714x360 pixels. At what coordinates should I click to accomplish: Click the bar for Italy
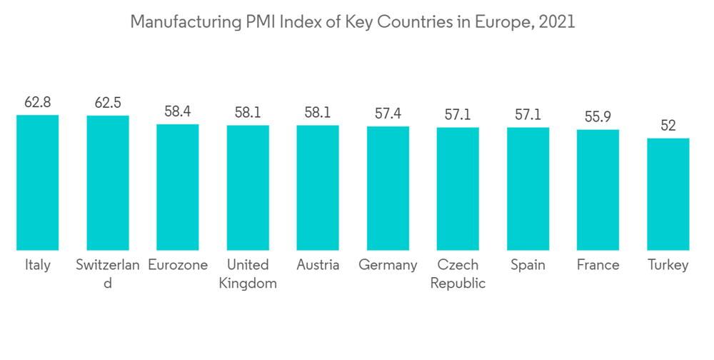click(x=38, y=182)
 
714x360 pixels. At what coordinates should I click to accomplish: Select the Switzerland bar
click(x=108, y=183)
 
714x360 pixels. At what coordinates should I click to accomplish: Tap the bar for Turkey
click(x=668, y=194)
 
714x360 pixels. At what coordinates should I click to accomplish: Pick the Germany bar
click(x=388, y=188)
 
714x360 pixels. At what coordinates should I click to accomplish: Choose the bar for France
click(x=598, y=189)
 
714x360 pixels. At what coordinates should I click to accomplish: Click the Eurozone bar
click(x=178, y=187)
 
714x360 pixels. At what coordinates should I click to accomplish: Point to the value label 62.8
click(x=38, y=102)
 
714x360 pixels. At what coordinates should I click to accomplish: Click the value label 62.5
click(x=108, y=103)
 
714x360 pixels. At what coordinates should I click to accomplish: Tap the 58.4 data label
click(x=178, y=111)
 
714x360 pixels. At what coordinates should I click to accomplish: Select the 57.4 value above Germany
click(x=388, y=114)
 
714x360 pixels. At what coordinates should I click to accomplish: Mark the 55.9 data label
click(x=598, y=117)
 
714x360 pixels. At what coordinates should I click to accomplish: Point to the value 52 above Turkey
click(x=668, y=126)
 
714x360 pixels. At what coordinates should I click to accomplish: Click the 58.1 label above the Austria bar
click(x=318, y=113)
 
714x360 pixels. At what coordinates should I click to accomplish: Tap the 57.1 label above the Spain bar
click(x=528, y=114)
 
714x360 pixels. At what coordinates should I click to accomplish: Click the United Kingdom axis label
click(x=248, y=274)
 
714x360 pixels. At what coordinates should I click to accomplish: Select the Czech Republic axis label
click(x=458, y=274)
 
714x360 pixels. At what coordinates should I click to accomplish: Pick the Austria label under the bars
click(x=318, y=265)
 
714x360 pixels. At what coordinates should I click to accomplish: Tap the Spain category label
click(x=528, y=265)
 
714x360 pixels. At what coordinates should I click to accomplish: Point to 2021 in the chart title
click(x=558, y=22)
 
